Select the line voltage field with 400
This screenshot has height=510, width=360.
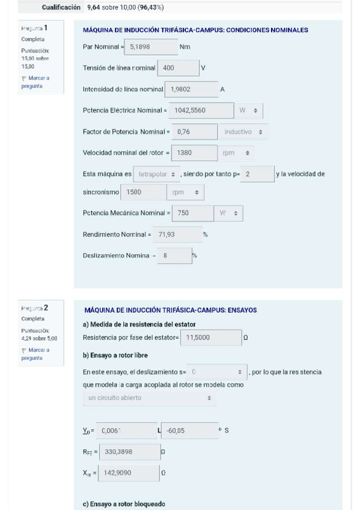[x=178, y=68]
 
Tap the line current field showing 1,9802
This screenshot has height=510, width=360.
[x=191, y=89]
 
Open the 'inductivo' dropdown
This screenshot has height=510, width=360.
[x=244, y=132]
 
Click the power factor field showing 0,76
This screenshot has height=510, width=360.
[x=194, y=132]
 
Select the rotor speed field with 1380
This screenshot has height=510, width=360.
[x=194, y=153]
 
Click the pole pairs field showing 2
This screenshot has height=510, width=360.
[x=257, y=174]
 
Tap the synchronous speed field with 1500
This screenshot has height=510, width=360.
[x=144, y=192]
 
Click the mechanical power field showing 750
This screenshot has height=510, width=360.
[x=193, y=214]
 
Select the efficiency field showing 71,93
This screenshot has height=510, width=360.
[x=177, y=235]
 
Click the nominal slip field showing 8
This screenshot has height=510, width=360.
[x=174, y=256]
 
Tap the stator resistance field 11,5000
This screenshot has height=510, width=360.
[x=210, y=338]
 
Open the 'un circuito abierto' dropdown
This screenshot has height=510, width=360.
[x=149, y=398]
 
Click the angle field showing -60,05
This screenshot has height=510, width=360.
[x=190, y=431]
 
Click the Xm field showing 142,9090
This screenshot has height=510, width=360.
[x=129, y=473]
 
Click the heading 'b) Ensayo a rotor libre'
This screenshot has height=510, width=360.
[x=115, y=355]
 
